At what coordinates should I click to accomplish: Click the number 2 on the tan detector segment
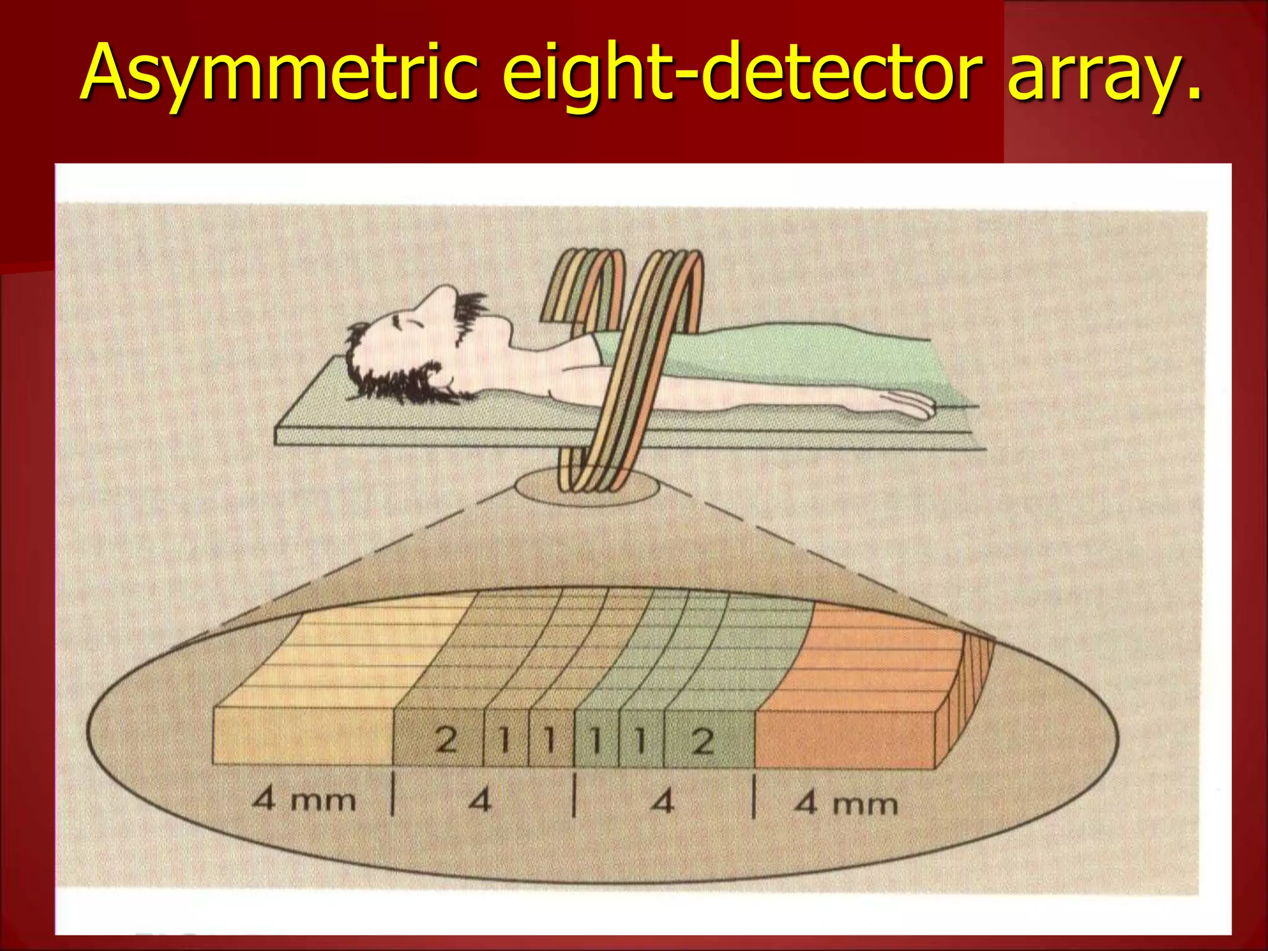(x=446, y=740)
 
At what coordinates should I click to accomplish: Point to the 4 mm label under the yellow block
(x=304, y=800)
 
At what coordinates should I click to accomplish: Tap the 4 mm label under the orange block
(x=846, y=804)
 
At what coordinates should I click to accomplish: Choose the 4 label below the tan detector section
(x=480, y=801)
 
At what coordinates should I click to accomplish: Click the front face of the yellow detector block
(x=303, y=737)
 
